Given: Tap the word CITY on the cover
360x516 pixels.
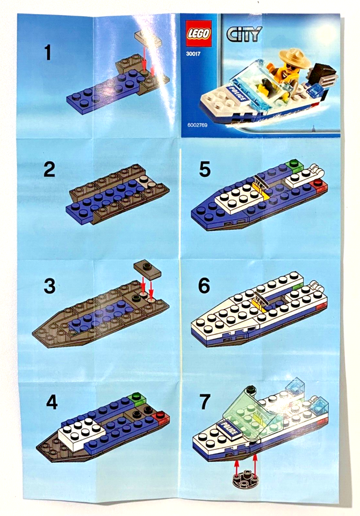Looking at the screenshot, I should point(244,34).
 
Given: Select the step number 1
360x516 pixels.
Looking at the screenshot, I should point(48,53).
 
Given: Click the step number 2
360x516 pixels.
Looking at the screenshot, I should point(49,170).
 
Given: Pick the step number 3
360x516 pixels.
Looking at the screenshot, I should point(50,286).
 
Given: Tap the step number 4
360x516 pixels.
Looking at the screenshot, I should point(52,402).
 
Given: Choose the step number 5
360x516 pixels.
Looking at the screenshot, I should point(204,170).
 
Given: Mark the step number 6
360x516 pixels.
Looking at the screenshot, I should point(204,286).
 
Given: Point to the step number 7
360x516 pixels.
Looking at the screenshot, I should point(204,402).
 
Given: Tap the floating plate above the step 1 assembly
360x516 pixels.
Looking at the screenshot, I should point(147,38).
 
